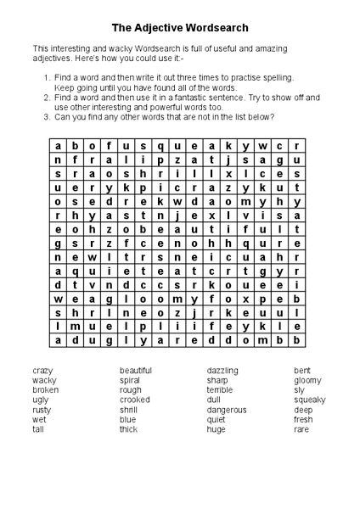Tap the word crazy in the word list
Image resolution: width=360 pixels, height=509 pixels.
(43, 371)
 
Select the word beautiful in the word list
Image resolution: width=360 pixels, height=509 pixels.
(136, 371)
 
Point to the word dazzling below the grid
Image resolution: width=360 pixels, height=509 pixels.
(222, 371)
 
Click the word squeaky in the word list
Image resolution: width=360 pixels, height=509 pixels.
(309, 400)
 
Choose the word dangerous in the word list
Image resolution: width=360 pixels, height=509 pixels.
(227, 410)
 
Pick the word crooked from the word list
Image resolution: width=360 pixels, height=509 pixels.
(134, 400)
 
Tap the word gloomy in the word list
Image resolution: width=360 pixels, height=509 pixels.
(307, 380)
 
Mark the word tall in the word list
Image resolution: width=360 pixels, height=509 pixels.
(38, 429)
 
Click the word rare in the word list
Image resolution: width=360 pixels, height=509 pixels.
(301, 429)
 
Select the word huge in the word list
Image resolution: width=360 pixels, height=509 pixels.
(217, 429)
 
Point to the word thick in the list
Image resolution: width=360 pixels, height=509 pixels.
(128, 429)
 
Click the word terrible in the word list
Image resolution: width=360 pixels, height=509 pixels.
(220, 390)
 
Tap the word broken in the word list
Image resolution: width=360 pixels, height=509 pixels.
(46, 390)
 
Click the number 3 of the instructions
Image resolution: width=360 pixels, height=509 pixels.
(46, 117)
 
